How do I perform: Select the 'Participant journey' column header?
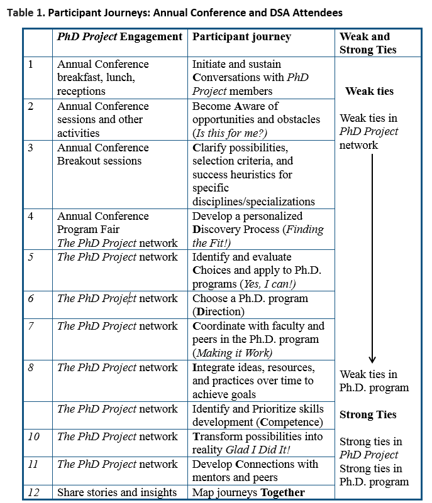(x=241, y=37)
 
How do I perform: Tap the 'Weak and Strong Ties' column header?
(x=365, y=43)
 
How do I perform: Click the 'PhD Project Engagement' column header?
(x=119, y=37)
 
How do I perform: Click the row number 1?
(x=31, y=64)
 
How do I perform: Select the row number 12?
(x=33, y=492)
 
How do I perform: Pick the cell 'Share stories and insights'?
(x=117, y=492)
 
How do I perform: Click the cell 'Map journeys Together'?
(x=248, y=492)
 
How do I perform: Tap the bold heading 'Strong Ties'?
(x=368, y=414)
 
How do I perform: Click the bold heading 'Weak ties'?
(x=369, y=91)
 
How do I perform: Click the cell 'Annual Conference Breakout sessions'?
(x=103, y=154)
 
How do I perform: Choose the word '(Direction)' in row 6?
(x=218, y=312)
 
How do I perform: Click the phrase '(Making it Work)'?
(x=231, y=353)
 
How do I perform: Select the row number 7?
(x=31, y=327)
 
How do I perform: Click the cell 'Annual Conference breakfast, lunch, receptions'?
(x=103, y=78)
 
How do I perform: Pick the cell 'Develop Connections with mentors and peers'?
(x=255, y=471)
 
